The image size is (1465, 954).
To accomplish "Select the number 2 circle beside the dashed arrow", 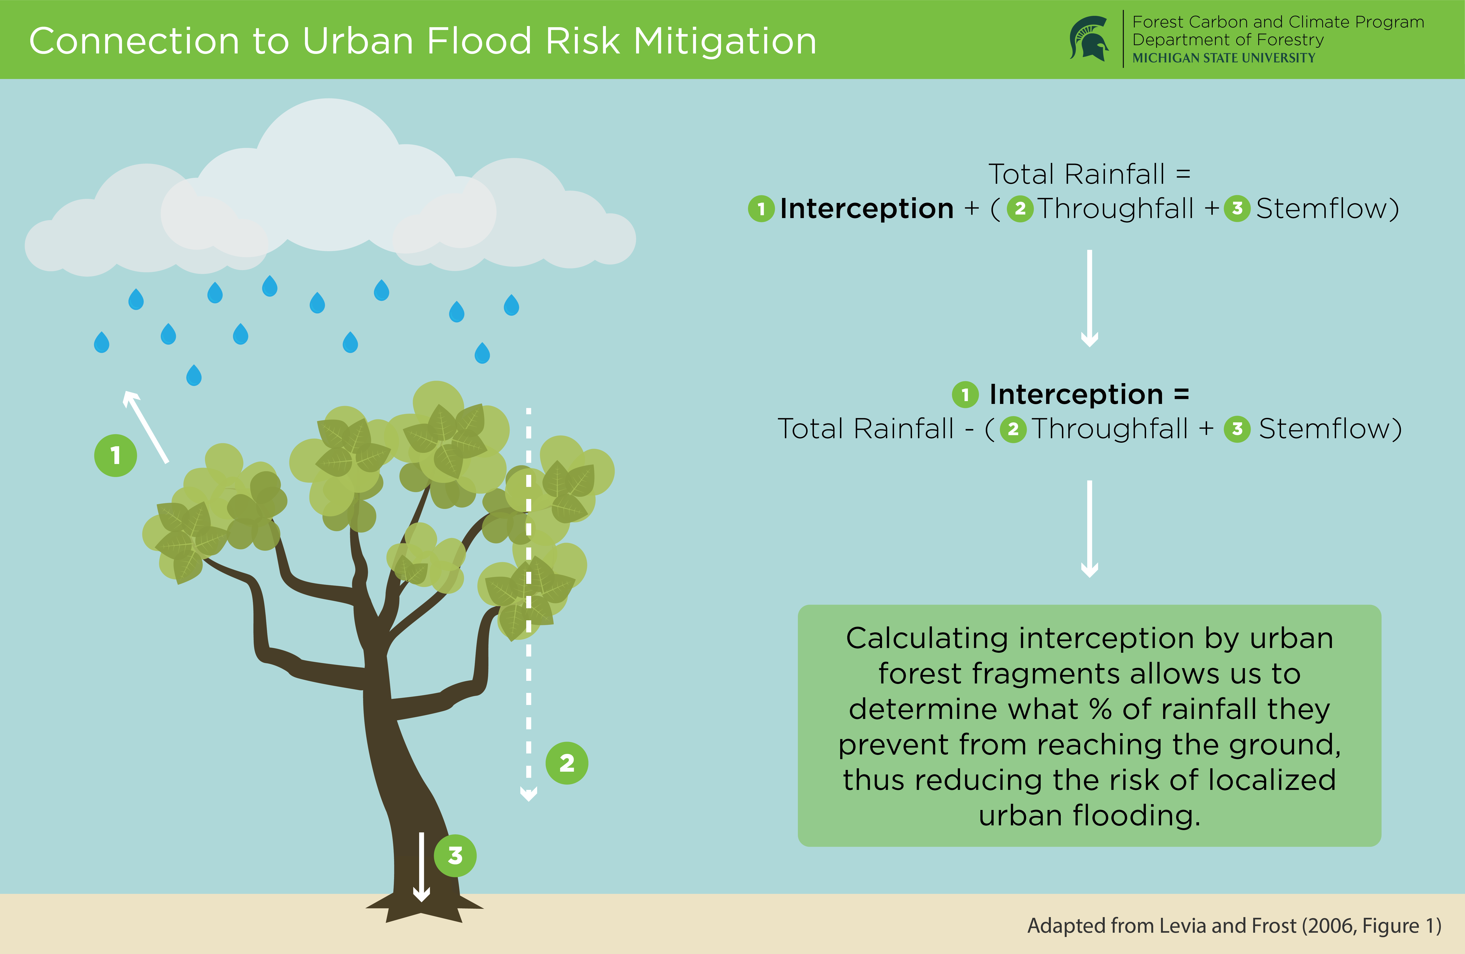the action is (x=567, y=763).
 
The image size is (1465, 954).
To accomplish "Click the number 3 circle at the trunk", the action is (x=455, y=855).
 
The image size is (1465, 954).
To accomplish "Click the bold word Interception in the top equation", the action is (x=867, y=208).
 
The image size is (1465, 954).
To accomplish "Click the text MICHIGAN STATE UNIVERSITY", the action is (x=1224, y=58).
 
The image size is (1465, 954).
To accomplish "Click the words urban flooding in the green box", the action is (x=1090, y=815).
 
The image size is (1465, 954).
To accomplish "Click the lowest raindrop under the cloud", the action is (x=194, y=375).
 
